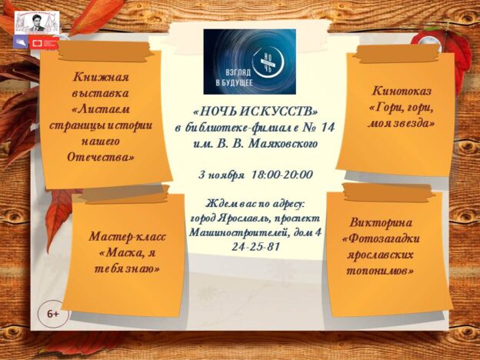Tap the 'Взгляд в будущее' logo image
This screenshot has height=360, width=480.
(x=249, y=62)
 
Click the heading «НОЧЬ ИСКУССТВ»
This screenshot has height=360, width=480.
(x=255, y=112)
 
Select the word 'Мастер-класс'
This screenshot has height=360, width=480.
(x=127, y=236)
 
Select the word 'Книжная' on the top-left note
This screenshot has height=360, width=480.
(x=101, y=76)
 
